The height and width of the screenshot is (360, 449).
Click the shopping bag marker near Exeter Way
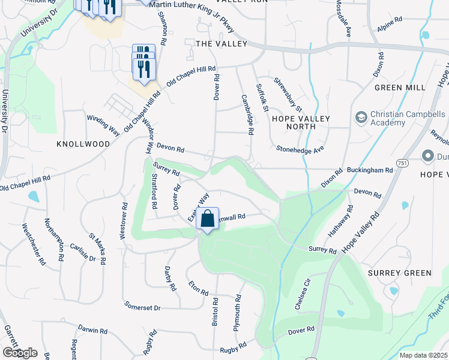click(x=208, y=220)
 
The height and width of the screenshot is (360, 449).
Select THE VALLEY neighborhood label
click(x=221, y=44)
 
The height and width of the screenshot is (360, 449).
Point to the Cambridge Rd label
click(x=247, y=113)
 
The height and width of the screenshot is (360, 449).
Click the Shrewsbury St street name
click(x=288, y=94)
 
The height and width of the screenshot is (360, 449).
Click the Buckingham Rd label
click(x=373, y=170)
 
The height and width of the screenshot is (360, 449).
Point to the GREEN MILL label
click(x=395, y=87)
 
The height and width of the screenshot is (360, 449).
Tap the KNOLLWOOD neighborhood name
click(x=83, y=144)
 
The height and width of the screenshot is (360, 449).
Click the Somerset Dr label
click(x=142, y=308)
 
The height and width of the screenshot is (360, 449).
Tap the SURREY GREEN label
click(x=399, y=273)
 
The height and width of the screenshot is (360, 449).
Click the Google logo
click(x=19, y=353)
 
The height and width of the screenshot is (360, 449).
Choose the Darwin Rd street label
click(x=92, y=330)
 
